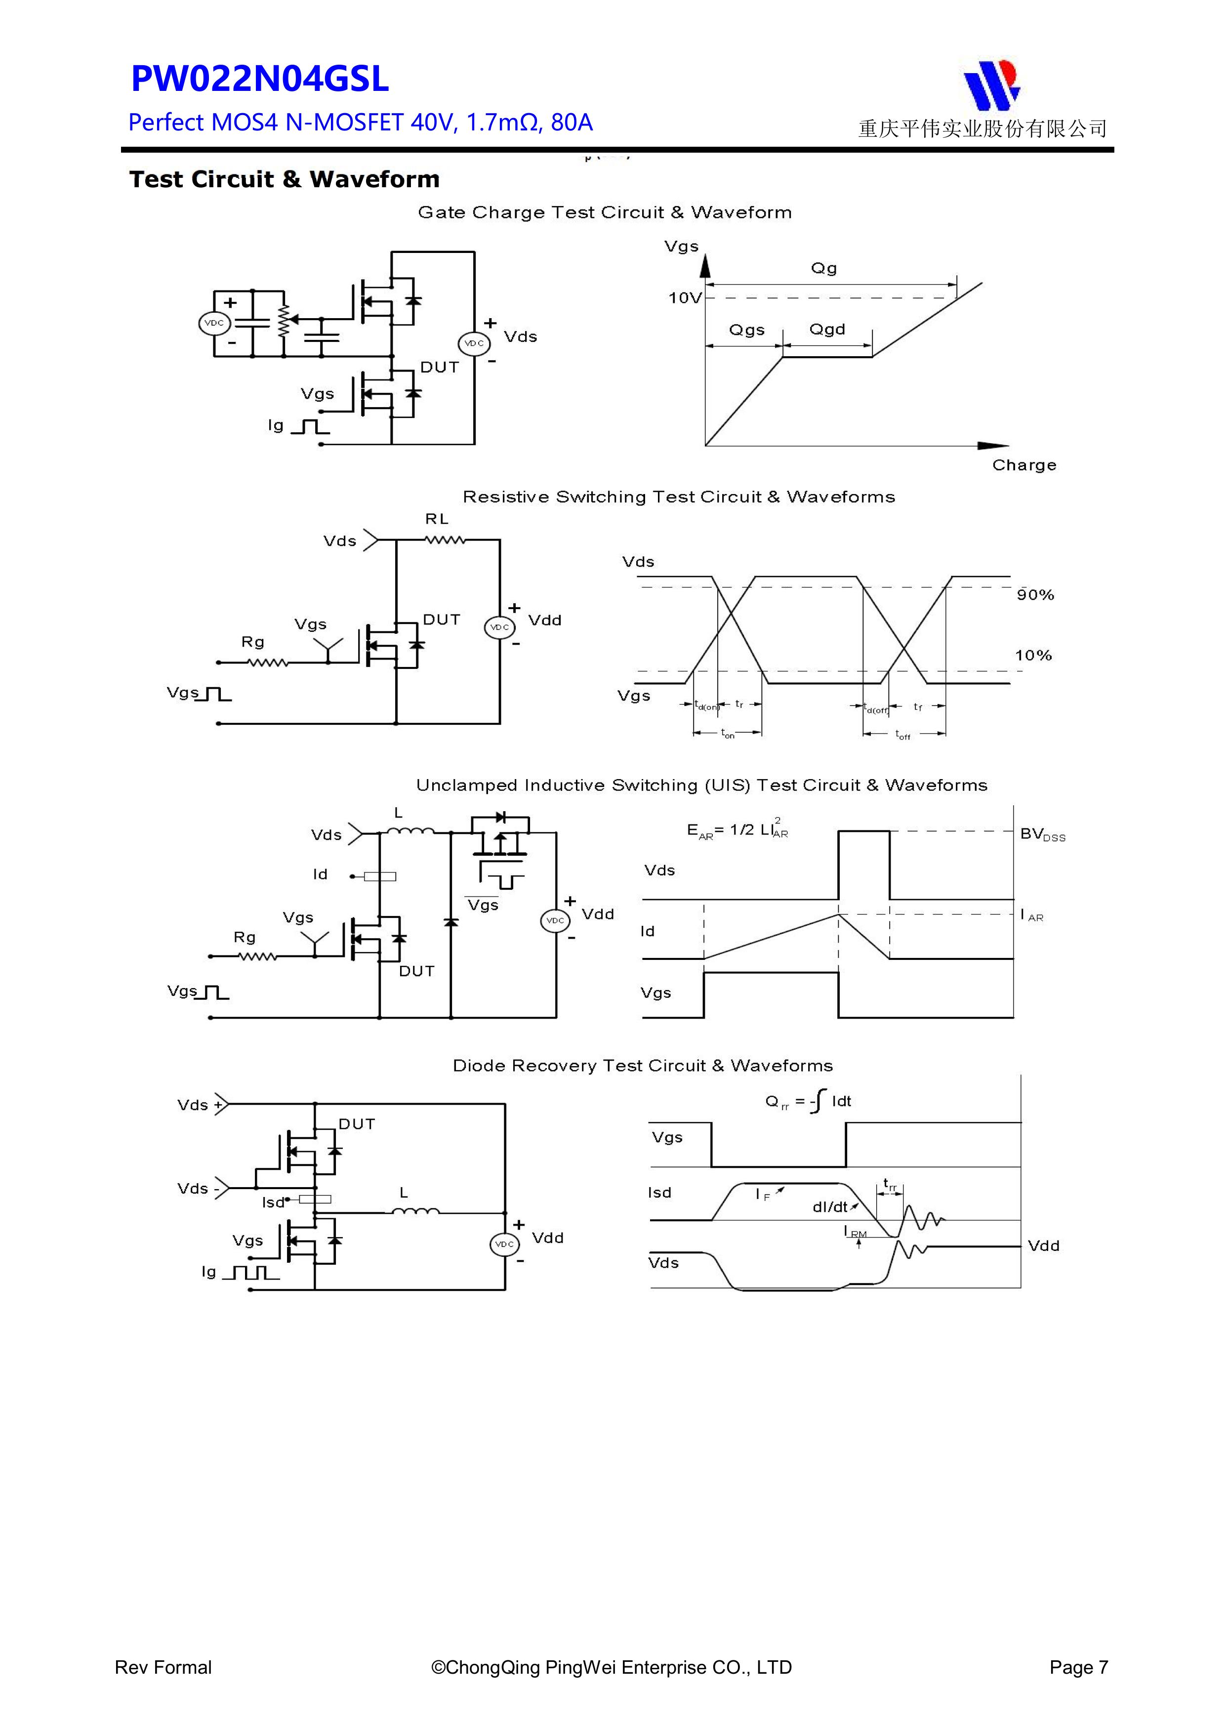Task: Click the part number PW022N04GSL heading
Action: tap(260, 79)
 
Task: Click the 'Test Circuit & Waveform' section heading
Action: tap(284, 180)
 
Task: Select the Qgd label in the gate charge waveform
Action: tap(827, 330)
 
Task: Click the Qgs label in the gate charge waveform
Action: tap(746, 330)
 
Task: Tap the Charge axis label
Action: tap(1023, 465)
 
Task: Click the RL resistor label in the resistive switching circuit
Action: tap(436, 519)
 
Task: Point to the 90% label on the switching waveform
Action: tap(1035, 595)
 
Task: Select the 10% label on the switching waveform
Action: tap(1032, 655)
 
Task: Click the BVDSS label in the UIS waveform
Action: tap(1042, 834)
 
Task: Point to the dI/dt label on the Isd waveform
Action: tap(830, 1207)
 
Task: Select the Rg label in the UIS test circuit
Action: tap(245, 938)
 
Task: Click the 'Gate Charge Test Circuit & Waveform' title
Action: tap(605, 213)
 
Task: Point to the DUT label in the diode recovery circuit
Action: tap(356, 1124)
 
